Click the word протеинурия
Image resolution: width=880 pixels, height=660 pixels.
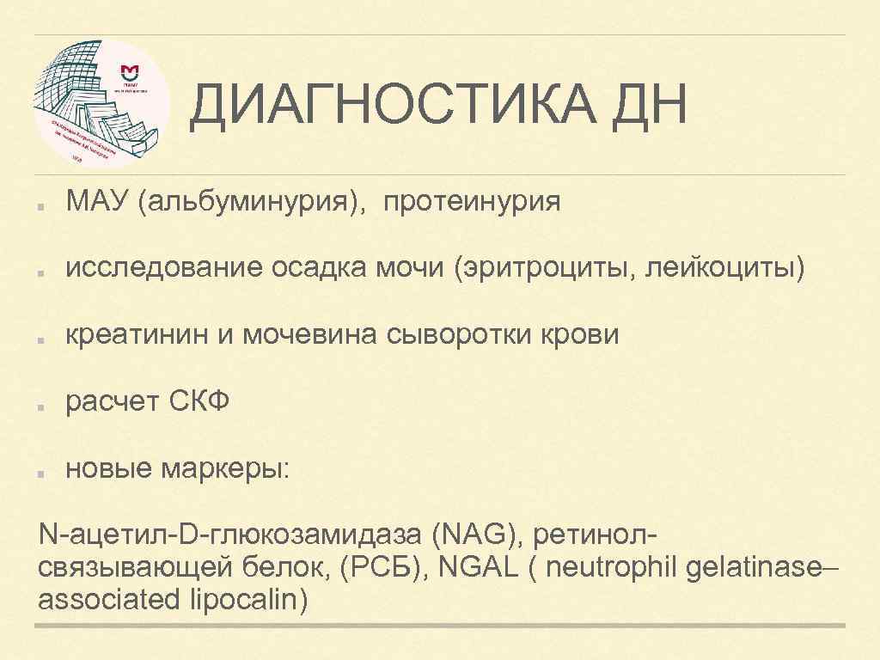(x=472, y=203)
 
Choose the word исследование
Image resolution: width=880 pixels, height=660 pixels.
(x=164, y=269)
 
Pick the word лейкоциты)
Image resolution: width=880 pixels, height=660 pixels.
(x=735, y=269)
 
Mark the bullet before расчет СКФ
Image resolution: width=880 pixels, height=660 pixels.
(x=42, y=402)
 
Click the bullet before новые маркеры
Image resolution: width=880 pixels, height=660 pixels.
(x=42, y=469)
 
